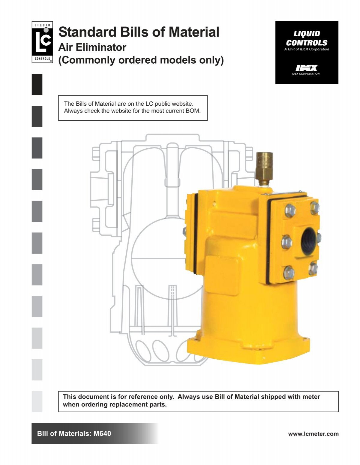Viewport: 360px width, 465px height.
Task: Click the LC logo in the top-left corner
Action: point(42,42)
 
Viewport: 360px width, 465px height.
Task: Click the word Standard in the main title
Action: point(87,32)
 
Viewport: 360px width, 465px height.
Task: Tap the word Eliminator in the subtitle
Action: point(101,47)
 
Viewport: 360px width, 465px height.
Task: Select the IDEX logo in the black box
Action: point(306,68)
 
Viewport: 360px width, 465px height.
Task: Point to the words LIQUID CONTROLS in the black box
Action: point(307,38)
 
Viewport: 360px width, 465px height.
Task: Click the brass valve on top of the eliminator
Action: point(264,168)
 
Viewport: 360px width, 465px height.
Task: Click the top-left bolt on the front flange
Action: point(290,210)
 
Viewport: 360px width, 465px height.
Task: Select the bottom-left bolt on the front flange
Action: point(289,272)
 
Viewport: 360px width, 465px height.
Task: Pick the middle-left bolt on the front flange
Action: point(287,242)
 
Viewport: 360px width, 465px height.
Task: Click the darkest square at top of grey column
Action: point(37,84)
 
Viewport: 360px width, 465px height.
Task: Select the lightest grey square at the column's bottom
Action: point(37,401)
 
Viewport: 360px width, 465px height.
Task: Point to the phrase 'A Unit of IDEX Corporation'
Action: point(307,50)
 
